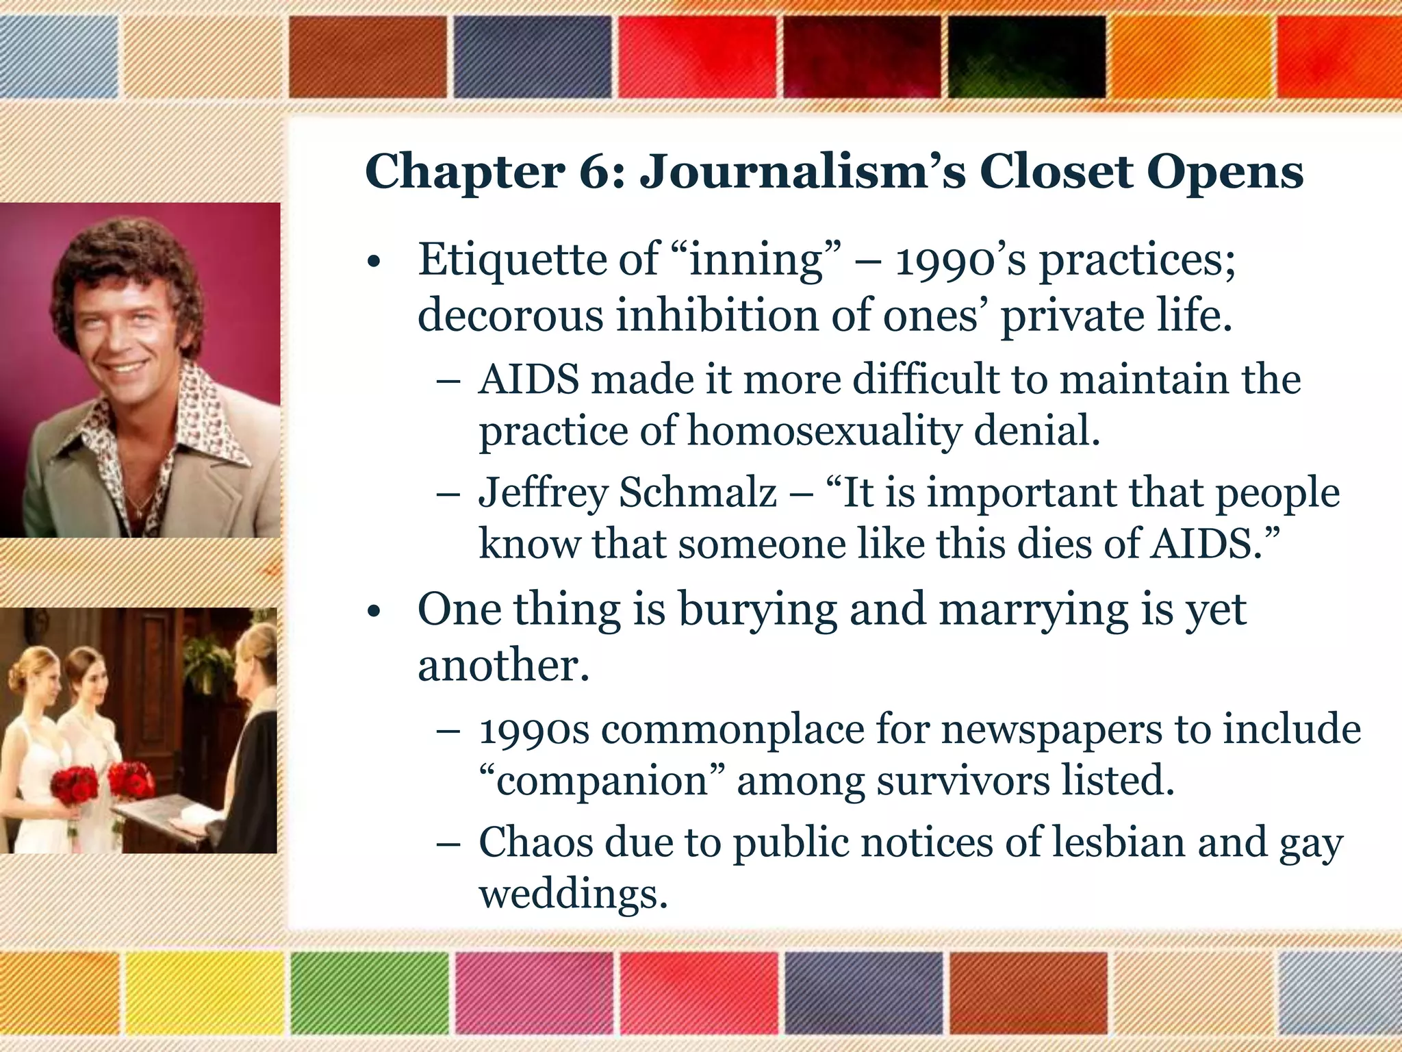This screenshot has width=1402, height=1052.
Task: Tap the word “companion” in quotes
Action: (601, 781)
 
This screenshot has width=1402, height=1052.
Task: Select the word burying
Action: (757, 610)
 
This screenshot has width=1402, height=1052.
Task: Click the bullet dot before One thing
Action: (372, 611)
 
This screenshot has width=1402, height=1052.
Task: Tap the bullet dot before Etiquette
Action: (372, 262)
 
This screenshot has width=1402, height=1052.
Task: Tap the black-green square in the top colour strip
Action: (1027, 56)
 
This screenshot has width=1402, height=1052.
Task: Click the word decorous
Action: (511, 316)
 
